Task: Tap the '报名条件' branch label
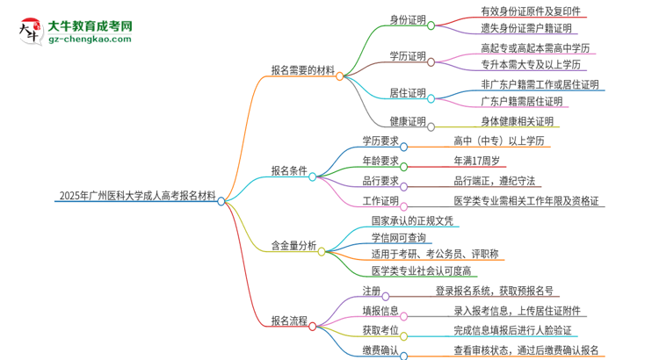290,173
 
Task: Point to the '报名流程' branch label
290,321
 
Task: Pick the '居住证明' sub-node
408,92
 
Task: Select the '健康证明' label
408,120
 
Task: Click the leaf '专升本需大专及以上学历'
530,64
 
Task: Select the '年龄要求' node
380,161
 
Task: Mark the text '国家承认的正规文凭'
412,220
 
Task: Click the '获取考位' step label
380,330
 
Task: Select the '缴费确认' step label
380,350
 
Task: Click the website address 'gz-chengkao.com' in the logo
89,39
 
